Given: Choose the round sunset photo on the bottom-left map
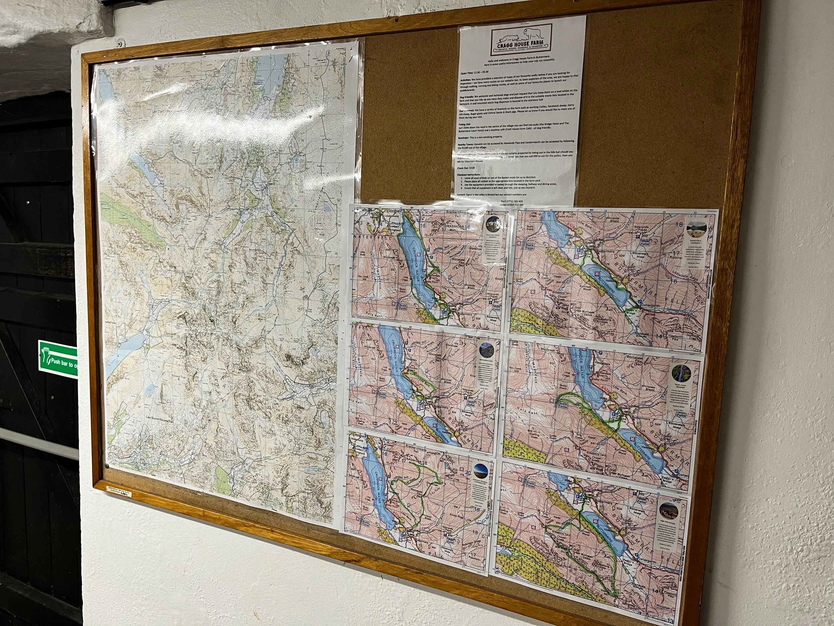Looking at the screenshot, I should [x=481, y=470].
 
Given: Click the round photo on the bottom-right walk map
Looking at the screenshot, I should [x=669, y=511].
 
